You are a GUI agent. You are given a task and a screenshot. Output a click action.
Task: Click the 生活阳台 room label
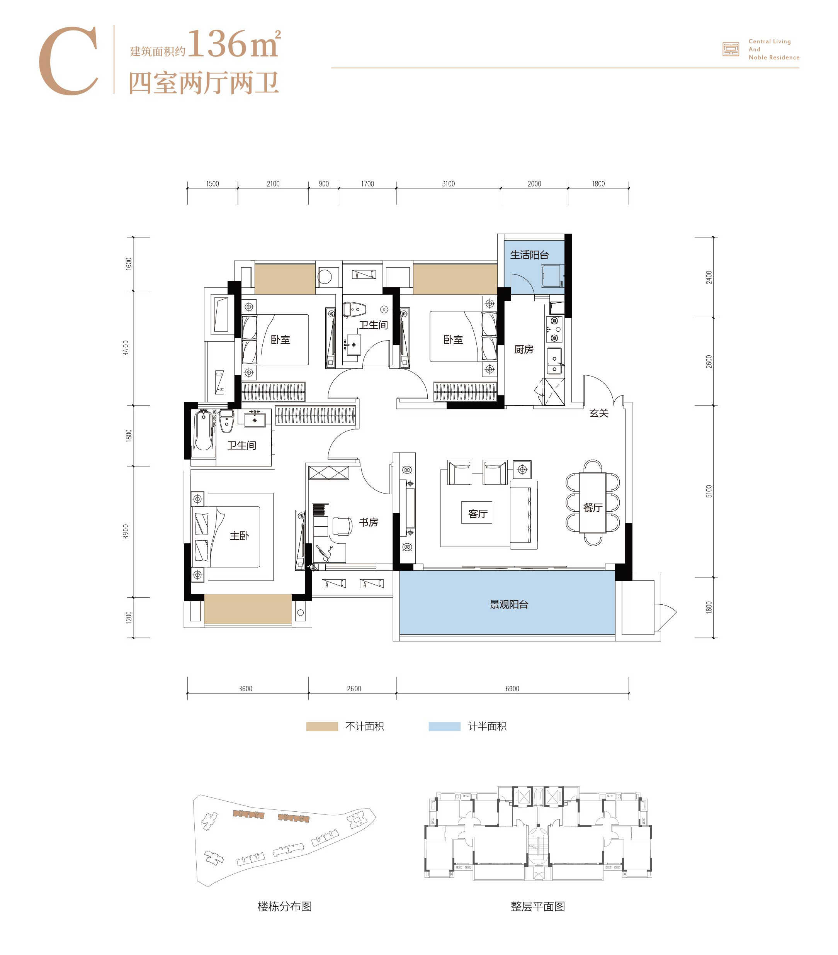529,254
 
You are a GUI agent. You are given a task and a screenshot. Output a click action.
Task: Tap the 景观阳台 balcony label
509,604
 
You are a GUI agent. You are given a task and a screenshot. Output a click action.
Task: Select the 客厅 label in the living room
478,514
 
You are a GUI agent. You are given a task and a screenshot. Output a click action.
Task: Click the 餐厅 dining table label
593,507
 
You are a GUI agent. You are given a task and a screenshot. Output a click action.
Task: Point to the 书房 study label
368,522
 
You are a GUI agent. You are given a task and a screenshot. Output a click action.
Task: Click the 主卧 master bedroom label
239,536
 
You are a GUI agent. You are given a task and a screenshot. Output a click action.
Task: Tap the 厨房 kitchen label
524,349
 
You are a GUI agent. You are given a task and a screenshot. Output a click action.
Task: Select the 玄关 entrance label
599,412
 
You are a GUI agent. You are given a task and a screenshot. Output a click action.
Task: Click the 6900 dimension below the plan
512,688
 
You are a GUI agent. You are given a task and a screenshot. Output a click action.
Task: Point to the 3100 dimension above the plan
448,183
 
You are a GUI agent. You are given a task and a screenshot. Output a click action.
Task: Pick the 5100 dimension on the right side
709,491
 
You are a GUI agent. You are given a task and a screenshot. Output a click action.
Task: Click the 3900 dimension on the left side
126,531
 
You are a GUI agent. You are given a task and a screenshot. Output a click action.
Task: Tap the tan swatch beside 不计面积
322,726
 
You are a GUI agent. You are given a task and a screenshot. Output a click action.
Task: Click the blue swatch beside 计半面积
444,726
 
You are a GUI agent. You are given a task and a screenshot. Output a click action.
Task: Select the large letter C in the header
68,61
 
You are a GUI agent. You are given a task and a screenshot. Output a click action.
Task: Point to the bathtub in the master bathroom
203,430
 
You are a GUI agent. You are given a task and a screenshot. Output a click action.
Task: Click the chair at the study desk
342,526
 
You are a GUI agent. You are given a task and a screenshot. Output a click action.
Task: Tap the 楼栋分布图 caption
285,906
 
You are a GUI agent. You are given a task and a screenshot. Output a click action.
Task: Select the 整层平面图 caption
537,906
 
